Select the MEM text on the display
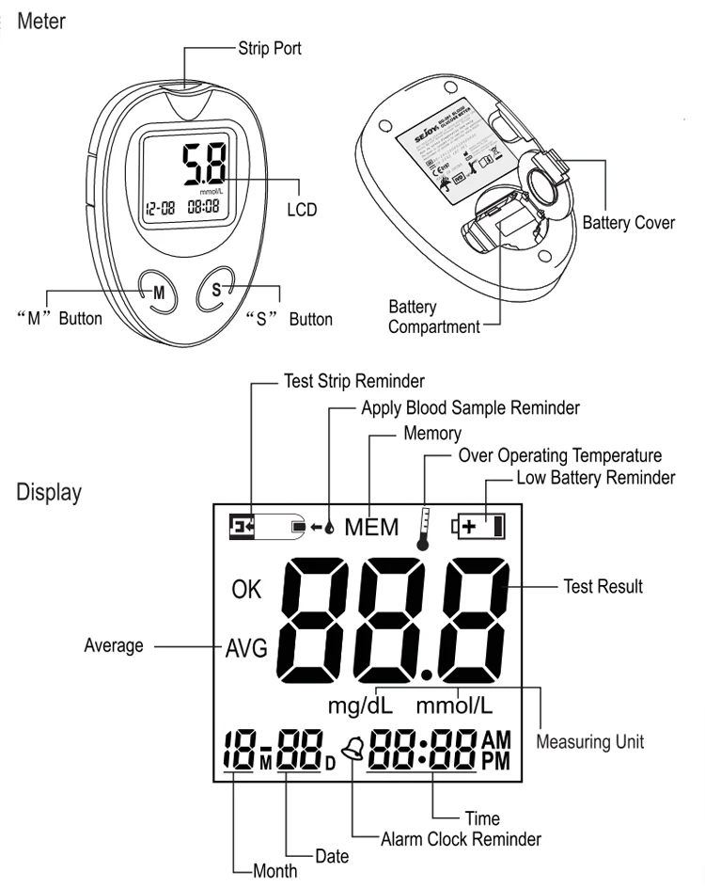(x=370, y=527)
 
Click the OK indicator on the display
(x=246, y=591)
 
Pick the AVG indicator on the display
(x=245, y=648)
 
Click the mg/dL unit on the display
(x=360, y=705)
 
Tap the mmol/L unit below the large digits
(x=456, y=705)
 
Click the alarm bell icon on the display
(x=352, y=749)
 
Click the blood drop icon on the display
(x=330, y=527)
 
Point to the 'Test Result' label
(x=603, y=586)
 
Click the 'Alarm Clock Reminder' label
(x=461, y=837)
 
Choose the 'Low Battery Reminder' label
(x=596, y=478)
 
